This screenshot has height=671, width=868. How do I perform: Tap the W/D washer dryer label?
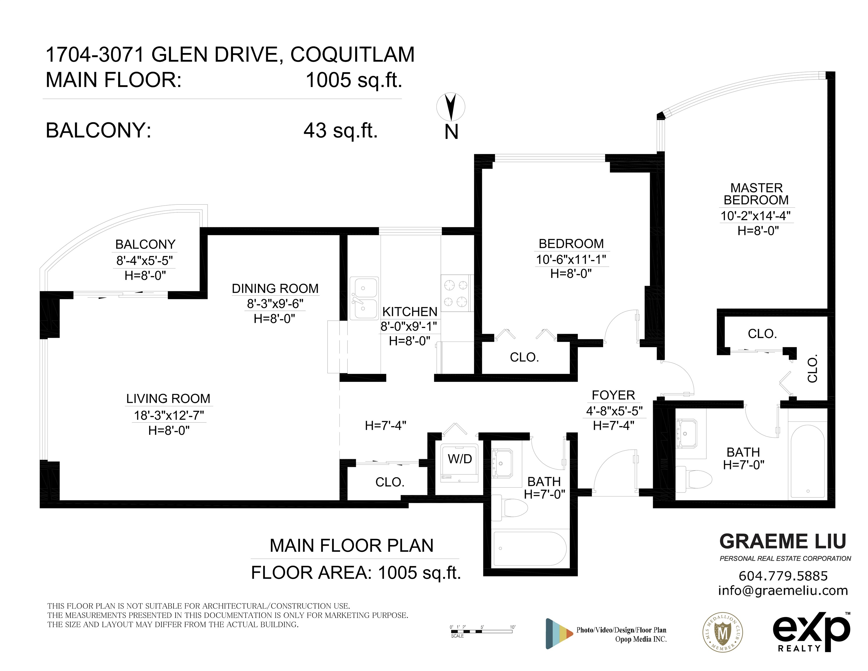460,459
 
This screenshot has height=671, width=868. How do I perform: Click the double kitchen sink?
364,299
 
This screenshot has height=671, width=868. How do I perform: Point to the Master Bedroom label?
756,194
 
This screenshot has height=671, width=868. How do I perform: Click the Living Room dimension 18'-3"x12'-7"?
169,415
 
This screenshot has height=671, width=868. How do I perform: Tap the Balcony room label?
146,244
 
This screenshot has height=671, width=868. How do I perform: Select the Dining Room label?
275,288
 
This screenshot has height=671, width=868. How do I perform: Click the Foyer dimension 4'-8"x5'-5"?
614,411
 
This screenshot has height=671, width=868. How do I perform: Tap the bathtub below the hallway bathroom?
530,549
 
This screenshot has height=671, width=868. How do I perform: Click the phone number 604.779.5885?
783,576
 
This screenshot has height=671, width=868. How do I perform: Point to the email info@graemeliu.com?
783,591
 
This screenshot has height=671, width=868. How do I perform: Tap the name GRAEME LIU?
783,541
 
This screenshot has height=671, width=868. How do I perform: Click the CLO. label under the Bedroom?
524,357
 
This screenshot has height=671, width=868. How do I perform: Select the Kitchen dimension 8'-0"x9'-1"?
409,326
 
